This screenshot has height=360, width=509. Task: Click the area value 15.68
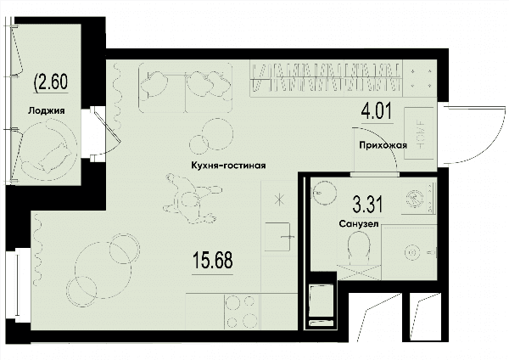click(213, 261)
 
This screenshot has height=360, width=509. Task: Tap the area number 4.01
click(377, 111)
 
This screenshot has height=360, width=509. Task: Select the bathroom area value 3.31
click(368, 205)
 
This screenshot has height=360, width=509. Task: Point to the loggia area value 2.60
click(51, 82)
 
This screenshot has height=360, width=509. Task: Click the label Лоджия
click(47, 110)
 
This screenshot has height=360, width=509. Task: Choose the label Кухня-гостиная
click(228, 166)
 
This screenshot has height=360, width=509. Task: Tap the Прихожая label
click(383, 145)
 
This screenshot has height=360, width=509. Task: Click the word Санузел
click(359, 224)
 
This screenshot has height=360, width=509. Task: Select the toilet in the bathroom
click(359, 249)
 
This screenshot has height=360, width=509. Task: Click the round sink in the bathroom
click(323, 193)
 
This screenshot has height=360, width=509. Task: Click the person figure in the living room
click(193, 199)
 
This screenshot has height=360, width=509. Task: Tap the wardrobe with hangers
click(326, 79)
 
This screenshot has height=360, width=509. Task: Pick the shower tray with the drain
click(409, 252)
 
